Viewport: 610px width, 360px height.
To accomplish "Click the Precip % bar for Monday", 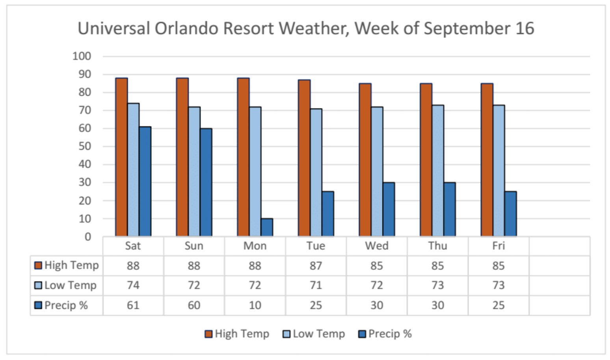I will click(267, 227).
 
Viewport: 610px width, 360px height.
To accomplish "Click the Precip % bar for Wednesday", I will click(389, 209).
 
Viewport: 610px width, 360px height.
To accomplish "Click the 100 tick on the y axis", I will click(82, 56).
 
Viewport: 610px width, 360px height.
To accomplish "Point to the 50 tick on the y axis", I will click(85, 146).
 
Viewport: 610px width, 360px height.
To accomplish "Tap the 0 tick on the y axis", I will click(88, 237).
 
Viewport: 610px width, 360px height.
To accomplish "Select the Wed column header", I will click(377, 246).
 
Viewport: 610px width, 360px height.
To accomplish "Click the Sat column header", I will click(133, 246).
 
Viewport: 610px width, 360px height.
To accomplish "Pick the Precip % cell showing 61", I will click(133, 305).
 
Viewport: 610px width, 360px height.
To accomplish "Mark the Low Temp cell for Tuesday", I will click(316, 285).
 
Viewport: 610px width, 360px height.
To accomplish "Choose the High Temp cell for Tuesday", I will click(316, 265).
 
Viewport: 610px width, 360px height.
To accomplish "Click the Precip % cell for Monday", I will click(255, 305).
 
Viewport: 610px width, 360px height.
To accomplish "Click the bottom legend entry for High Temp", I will click(237, 334).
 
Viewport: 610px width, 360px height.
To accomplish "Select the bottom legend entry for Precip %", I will click(385, 334).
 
